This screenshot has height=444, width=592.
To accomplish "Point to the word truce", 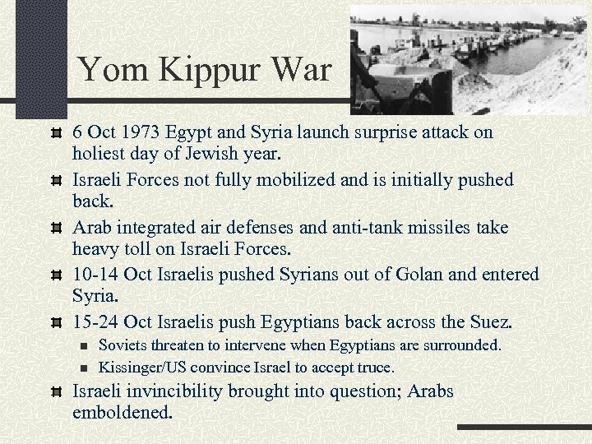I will click(374, 367).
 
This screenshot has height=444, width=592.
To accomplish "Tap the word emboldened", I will click(123, 413).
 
